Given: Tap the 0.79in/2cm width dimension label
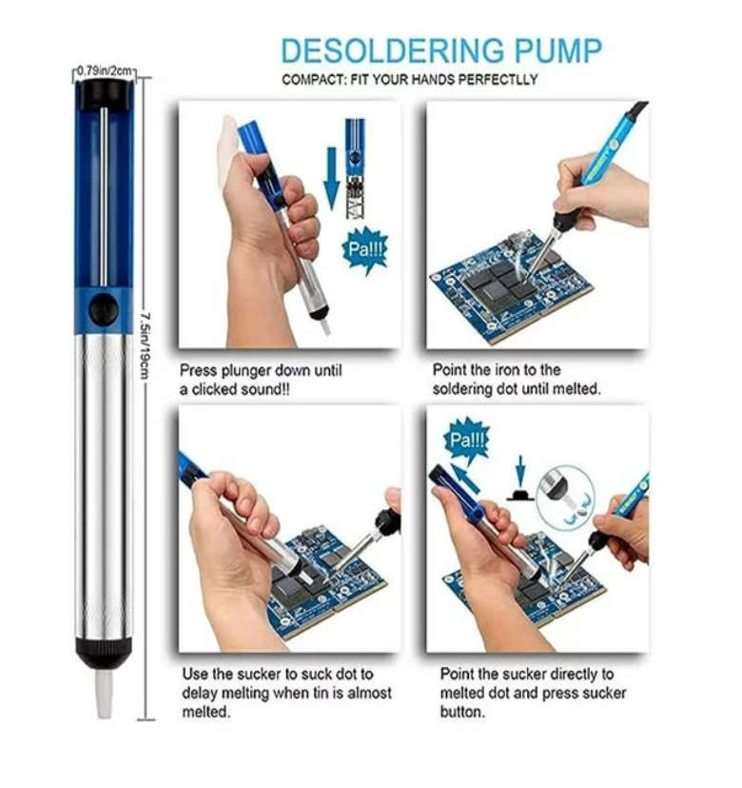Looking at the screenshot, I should click(x=106, y=70).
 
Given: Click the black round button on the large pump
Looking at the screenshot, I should click(x=105, y=308).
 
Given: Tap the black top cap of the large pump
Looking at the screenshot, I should click(x=104, y=93).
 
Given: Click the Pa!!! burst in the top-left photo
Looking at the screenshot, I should click(x=365, y=249).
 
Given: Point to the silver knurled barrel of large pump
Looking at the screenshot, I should click(x=103, y=476).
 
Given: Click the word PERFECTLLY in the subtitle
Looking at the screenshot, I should click(x=498, y=80).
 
